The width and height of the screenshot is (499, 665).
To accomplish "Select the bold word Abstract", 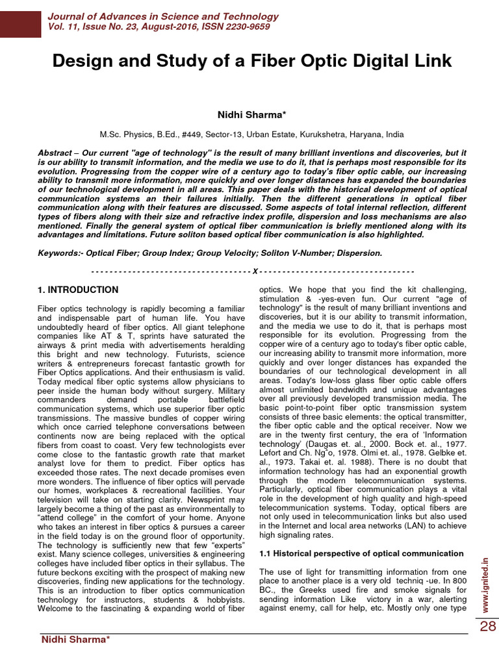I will coord(55,153).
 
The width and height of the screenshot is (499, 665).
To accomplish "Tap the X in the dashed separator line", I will coord(255,271).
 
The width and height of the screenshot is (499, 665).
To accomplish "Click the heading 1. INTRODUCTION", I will coord(78,290).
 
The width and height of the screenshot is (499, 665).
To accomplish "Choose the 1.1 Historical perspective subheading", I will coord(361,553).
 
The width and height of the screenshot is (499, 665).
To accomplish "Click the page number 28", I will coord(487,627).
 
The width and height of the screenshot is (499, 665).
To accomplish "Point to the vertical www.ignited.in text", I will coord(486,587).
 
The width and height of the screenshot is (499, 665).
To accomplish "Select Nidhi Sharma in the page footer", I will coord(75,640).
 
